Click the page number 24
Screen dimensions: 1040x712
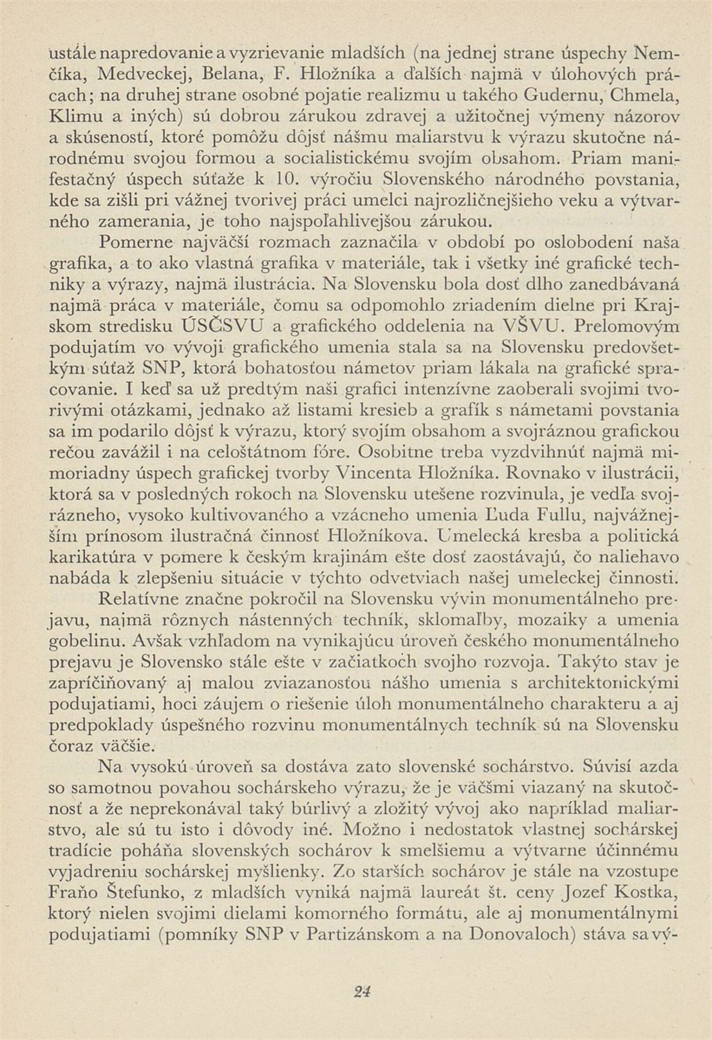tap(363, 963)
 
